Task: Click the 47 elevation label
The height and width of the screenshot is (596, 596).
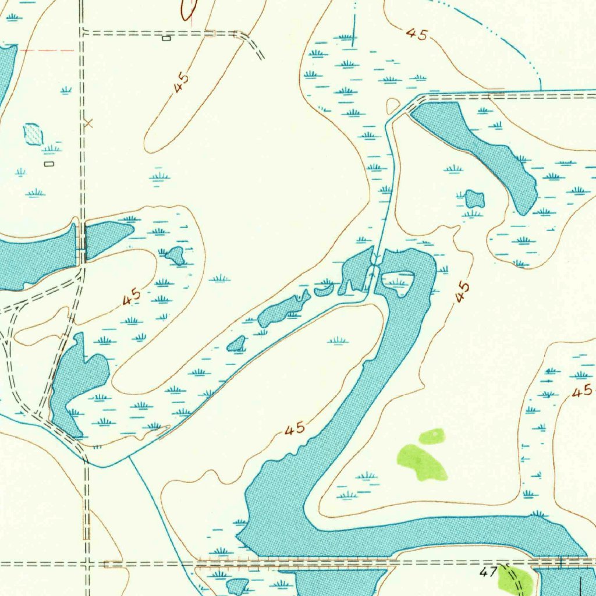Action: point(486,573)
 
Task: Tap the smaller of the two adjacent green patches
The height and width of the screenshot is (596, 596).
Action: point(432,437)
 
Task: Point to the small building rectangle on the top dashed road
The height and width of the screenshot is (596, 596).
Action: point(166,38)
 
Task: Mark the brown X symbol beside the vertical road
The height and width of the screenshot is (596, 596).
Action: point(88,122)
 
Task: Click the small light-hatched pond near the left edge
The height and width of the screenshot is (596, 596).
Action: point(33,134)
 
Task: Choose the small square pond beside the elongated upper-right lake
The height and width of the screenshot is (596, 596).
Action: point(475,200)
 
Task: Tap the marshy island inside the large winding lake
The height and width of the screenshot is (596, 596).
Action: point(397,283)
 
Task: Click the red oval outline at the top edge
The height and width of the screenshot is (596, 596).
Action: point(189,8)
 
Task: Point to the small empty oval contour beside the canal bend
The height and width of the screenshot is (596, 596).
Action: point(393,106)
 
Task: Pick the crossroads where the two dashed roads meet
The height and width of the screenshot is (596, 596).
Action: point(87,563)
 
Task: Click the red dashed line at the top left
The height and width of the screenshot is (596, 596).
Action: point(47,51)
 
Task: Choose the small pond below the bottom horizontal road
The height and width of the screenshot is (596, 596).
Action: point(236,586)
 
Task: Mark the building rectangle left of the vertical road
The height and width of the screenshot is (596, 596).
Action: point(49,164)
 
